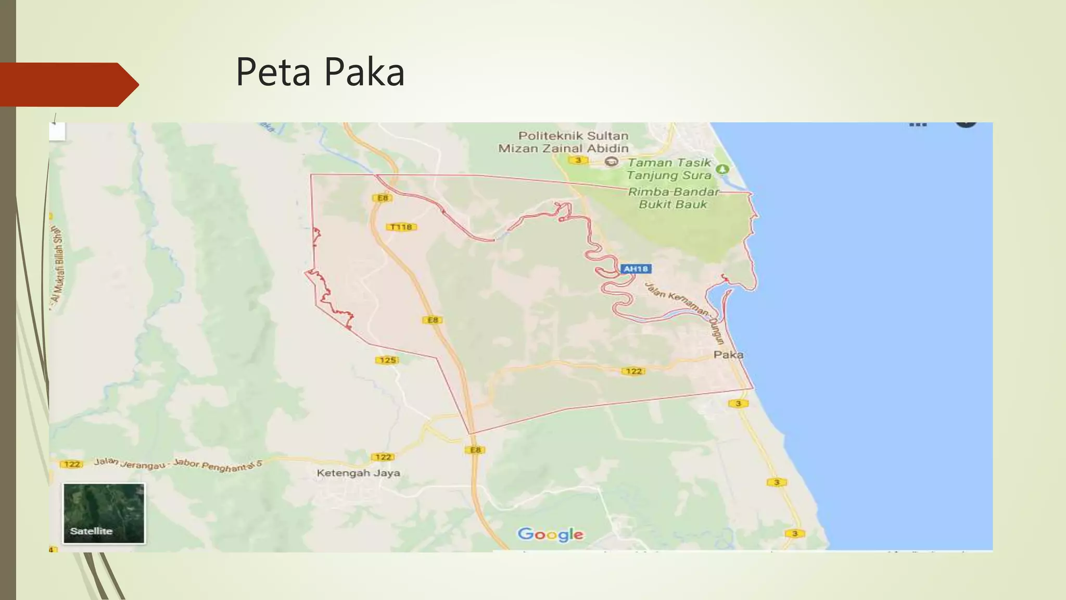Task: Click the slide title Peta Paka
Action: pos(320,72)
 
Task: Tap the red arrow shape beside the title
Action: pos(68,84)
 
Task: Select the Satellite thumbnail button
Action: pos(104,513)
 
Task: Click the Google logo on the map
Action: pos(550,534)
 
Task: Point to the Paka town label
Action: pos(728,355)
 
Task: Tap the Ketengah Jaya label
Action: pos(358,473)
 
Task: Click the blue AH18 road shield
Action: pos(636,269)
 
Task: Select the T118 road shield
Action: pos(401,227)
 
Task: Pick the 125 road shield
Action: pos(387,360)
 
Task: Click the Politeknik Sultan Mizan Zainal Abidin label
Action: pos(564,142)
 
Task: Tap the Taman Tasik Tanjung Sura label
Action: pos(669,169)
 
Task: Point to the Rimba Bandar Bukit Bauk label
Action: pos(673,198)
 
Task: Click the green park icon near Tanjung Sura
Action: pos(722,169)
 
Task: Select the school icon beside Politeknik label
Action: pos(612,162)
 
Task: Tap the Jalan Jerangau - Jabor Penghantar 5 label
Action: pos(178,464)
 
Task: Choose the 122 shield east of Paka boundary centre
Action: pos(633,371)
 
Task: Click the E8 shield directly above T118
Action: pos(383,198)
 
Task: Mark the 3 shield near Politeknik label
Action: pos(578,160)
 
